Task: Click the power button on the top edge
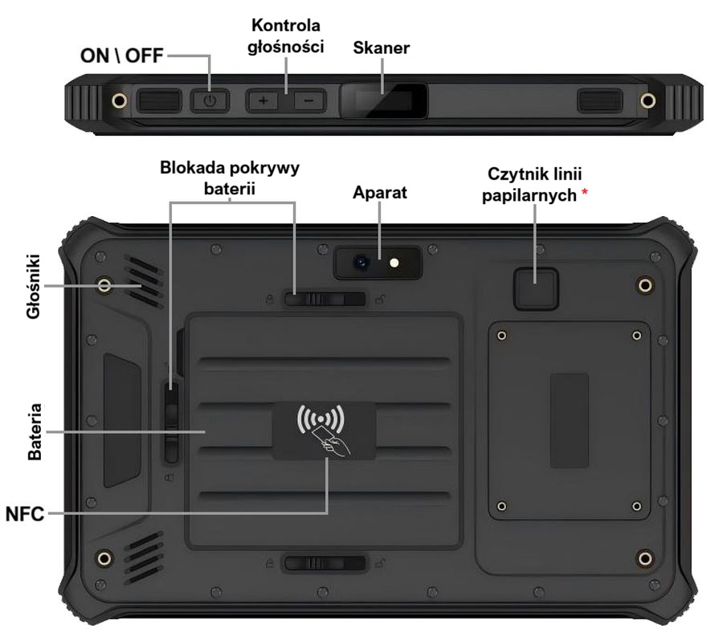click(210, 101)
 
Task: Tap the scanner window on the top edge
click(382, 101)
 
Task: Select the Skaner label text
click(382, 48)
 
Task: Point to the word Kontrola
click(285, 26)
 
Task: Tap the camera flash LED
click(394, 262)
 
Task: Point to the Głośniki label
click(34, 287)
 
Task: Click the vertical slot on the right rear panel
click(569, 421)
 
